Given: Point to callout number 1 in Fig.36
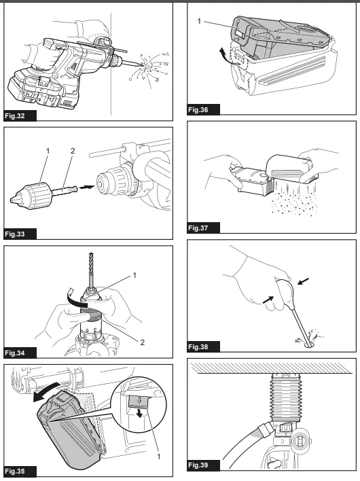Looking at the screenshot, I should point(200,22).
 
